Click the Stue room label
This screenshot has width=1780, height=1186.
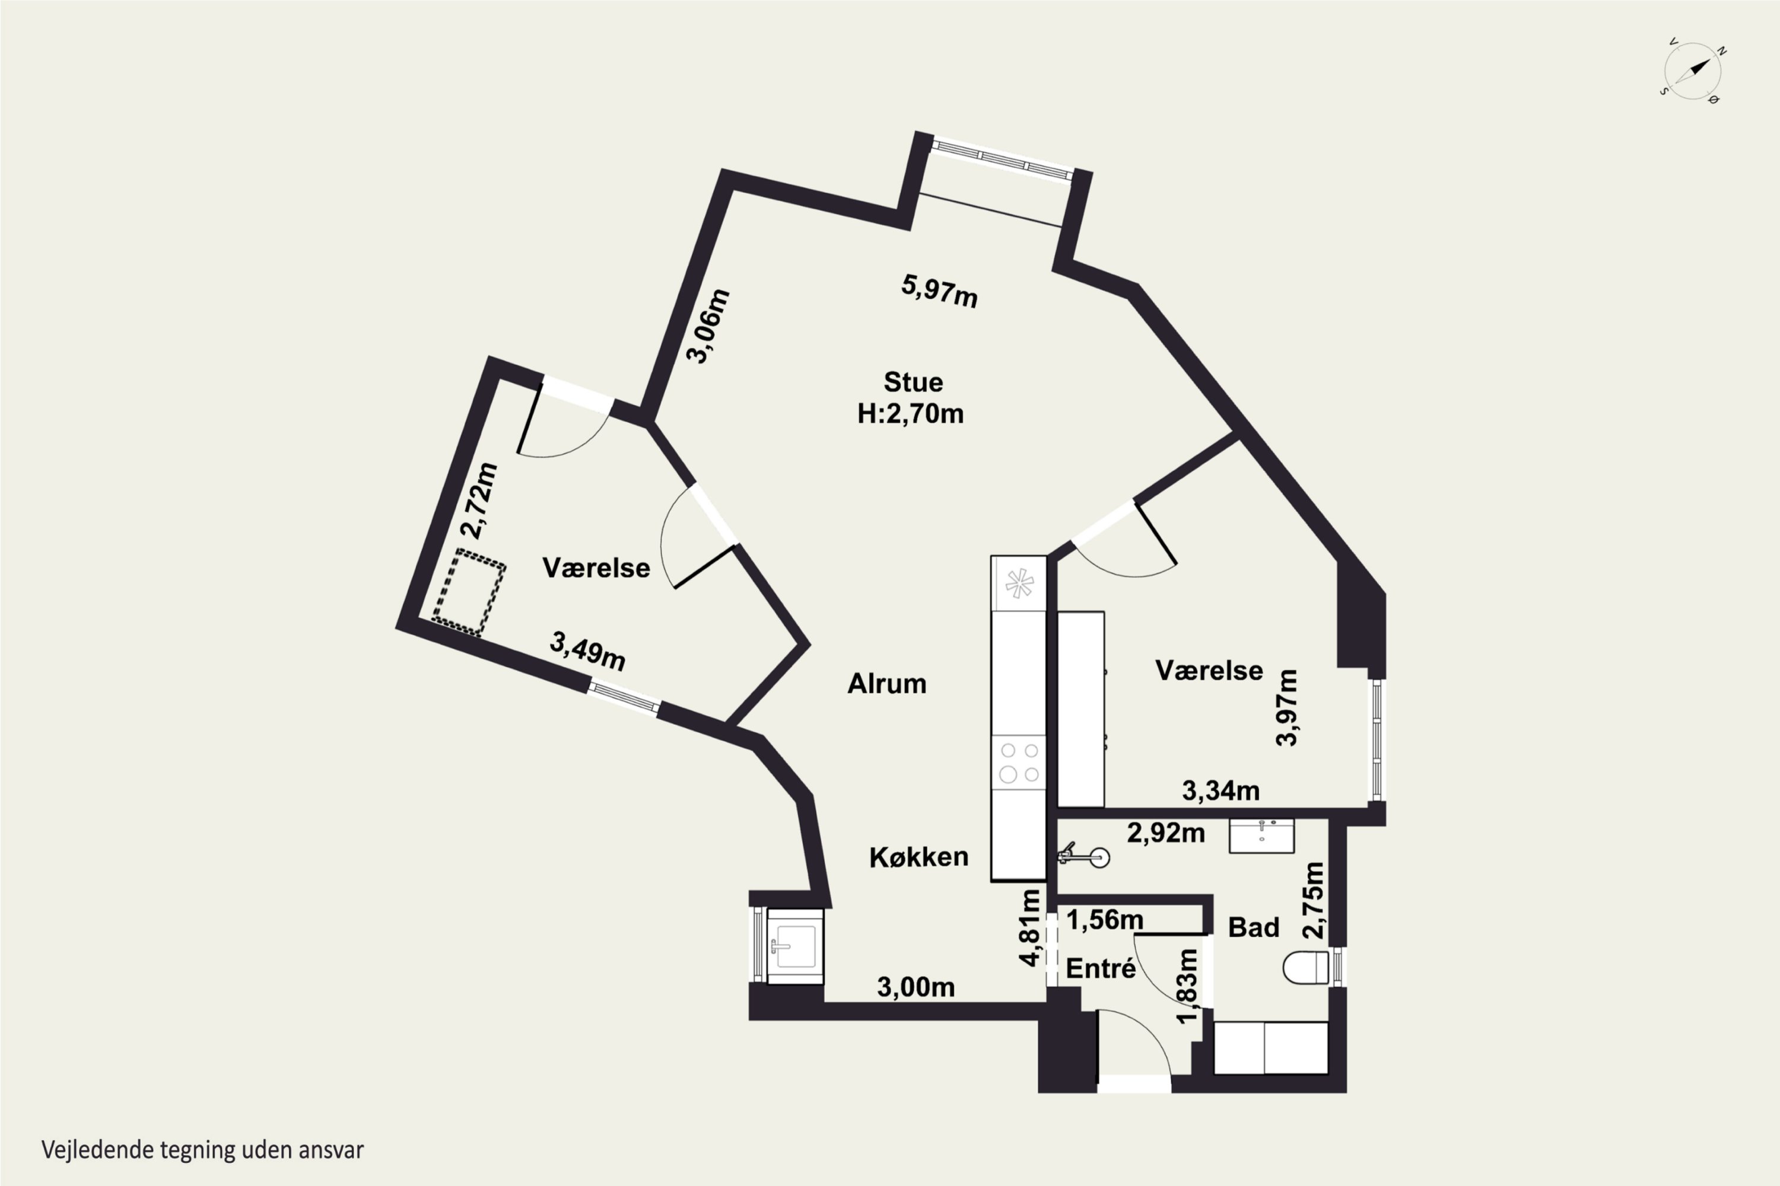click(x=913, y=382)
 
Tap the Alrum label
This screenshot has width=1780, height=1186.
click(x=886, y=684)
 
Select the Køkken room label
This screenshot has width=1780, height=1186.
click(x=918, y=857)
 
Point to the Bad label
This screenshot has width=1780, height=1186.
click(x=1253, y=927)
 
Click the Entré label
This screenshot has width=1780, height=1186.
click(x=1101, y=968)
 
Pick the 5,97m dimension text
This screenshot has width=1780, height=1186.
click(x=939, y=291)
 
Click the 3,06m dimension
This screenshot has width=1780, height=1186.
click(x=708, y=326)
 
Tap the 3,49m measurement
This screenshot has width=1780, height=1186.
click(x=587, y=652)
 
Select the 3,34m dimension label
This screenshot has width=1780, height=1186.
click(x=1220, y=791)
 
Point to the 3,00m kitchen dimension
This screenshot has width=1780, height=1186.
click(x=916, y=987)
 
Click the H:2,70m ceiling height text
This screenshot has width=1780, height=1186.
click(x=910, y=414)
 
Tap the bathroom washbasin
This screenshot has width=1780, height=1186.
click(x=1261, y=836)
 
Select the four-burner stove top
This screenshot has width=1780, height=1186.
click(x=1019, y=763)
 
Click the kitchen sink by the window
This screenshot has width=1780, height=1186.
click(x=794, y=946)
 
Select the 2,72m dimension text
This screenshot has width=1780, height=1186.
click(x=480, y=500)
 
